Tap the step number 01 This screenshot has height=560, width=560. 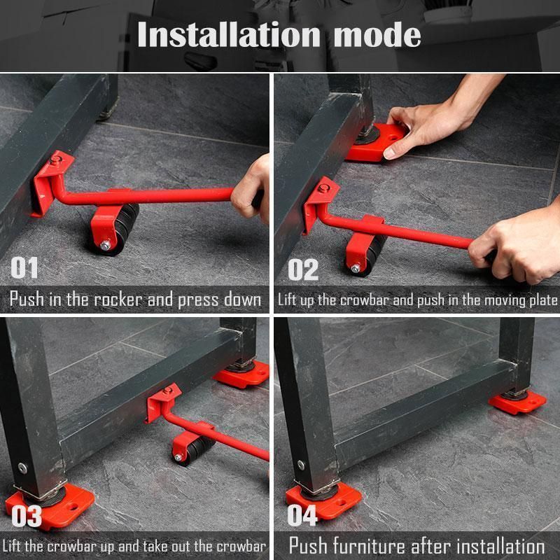click(x=24, y=269)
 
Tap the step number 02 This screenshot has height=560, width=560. click(x=303, y=269)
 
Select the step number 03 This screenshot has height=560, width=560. click(x=27, y=517)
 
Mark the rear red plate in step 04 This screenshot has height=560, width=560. click(x=518, y=402)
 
